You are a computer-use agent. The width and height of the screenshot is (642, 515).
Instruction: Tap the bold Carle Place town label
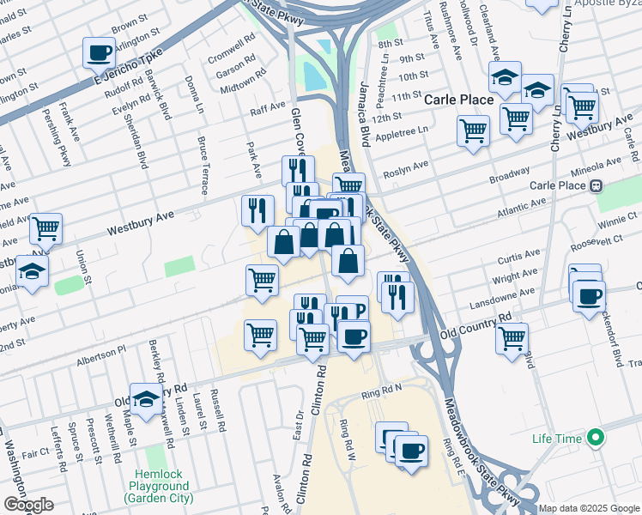tap(459, 100)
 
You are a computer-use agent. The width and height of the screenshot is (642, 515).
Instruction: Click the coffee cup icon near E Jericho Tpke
tap(100, 52)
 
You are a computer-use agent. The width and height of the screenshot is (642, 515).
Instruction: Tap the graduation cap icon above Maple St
tap(146, 397)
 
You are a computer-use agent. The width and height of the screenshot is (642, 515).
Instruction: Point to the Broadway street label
tap(509, 175)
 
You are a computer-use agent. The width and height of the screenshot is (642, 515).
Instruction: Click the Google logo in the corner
tap(28, 505)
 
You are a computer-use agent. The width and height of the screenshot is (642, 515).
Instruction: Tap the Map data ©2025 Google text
tap(589, 508)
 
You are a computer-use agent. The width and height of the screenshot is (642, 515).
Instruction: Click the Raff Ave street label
tap(267, 108)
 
